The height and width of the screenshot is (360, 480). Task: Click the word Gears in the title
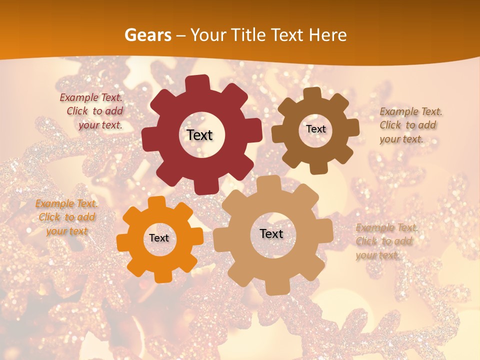coord(147,35)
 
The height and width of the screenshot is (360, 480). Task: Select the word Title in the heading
coord(248,35)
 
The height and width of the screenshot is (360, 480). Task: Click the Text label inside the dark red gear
coord(199,135)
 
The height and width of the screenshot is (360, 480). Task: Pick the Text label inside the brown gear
coord(315,129)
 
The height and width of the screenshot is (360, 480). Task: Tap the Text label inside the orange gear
coord(159,238)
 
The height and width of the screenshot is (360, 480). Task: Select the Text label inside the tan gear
coord(271,234)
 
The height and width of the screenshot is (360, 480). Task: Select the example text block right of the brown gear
coord(410,125)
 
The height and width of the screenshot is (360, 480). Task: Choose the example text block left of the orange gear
coord(66,217)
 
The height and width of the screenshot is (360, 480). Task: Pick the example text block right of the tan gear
coord(386,241)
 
